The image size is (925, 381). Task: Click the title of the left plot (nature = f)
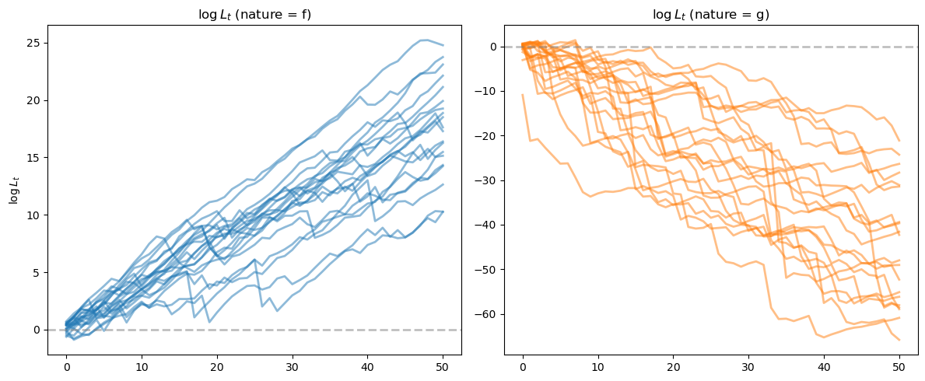(x=254, y=15)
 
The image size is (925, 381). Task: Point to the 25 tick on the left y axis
(x=36, y=43)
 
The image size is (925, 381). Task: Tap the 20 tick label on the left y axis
(x=36, y=100)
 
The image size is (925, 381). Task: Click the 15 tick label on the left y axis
(x=36, y=158)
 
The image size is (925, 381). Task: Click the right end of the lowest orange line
(x=899, y=340)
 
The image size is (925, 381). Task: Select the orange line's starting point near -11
(x=523, y=95)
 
